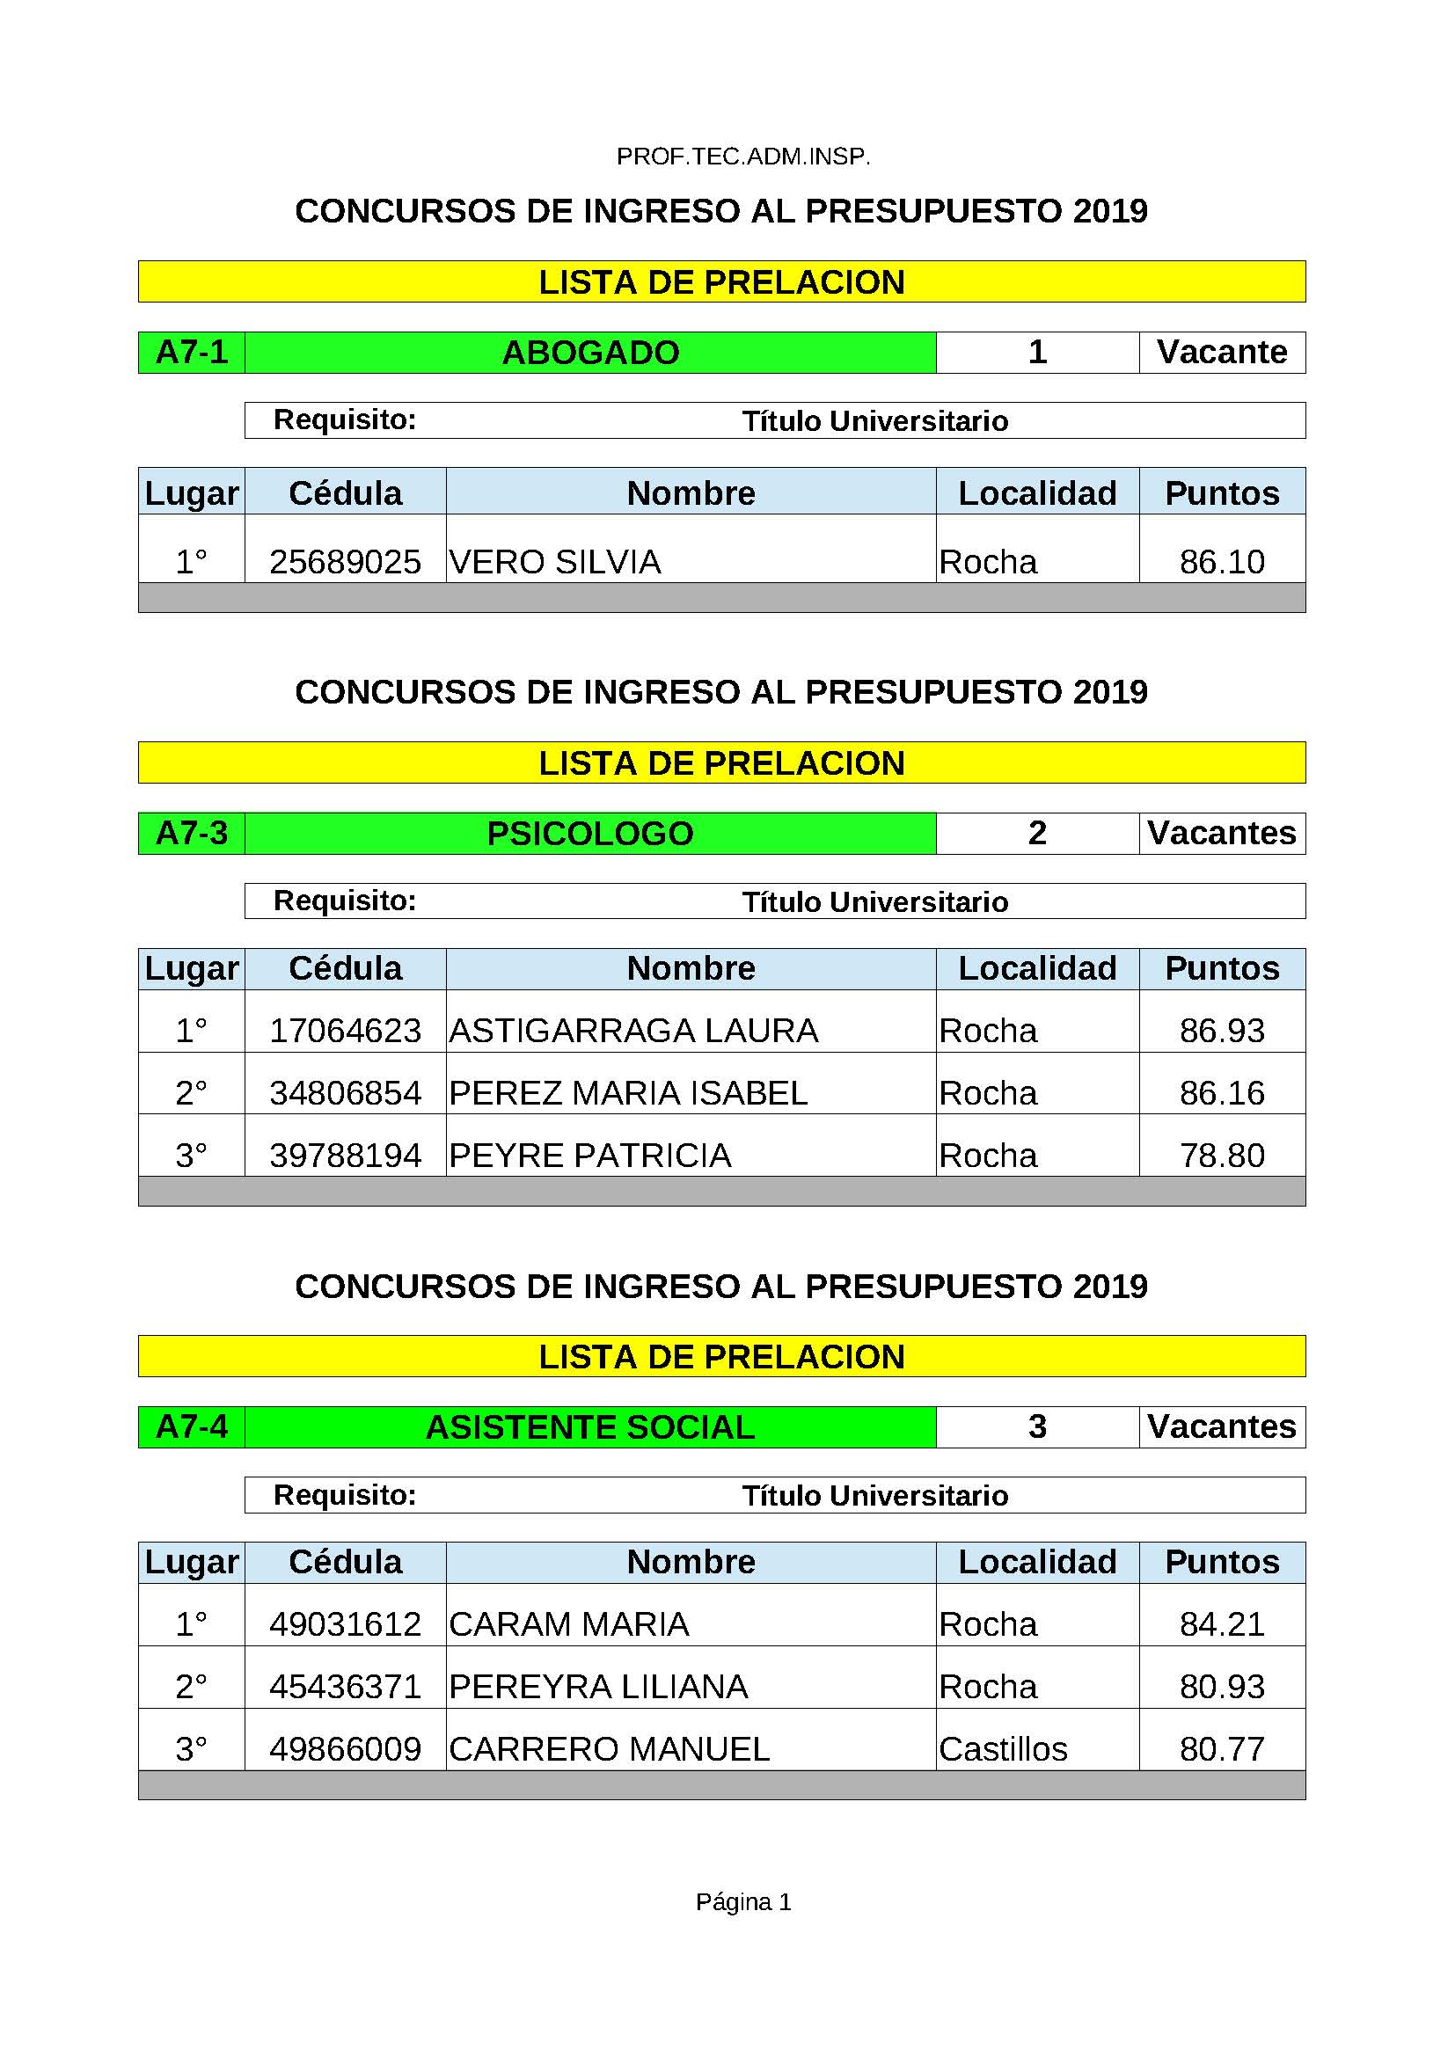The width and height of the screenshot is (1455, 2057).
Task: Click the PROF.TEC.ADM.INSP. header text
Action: pos(742,157)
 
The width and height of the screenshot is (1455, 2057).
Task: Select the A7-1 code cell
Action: pos(191,352)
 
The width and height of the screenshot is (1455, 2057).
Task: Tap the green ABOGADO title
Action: pos(589,352)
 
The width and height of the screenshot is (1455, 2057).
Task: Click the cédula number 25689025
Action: pos(345,562)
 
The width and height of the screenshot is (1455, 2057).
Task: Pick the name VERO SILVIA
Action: pos(554,562)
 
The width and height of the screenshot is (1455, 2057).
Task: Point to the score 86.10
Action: pos(1221,562)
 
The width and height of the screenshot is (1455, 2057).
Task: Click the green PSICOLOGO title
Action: pos(589,833)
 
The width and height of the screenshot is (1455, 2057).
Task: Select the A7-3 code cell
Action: pos(191,833)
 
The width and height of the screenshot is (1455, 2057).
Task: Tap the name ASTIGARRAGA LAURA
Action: pos(633,1031)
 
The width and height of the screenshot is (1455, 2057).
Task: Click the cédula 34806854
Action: pos(345,1093)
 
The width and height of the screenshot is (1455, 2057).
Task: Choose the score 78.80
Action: pos(1221,1156)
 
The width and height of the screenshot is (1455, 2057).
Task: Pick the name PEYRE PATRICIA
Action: pos(589,1156)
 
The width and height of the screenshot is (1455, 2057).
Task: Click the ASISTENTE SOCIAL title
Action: pos(589,1427)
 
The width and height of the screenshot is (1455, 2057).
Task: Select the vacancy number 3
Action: pos(1036,1426)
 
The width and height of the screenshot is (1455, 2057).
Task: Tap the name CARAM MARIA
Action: pos(569,1624)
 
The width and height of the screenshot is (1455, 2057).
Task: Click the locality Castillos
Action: pos(1003,1749)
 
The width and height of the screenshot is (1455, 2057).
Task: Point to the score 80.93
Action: pos(1221,1687)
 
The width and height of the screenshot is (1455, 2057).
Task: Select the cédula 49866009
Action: pos(345,1749)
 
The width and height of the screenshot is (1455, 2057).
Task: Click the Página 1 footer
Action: pos(742,1902)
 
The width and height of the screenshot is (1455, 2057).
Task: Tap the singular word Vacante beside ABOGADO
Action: pos(1221,352)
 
